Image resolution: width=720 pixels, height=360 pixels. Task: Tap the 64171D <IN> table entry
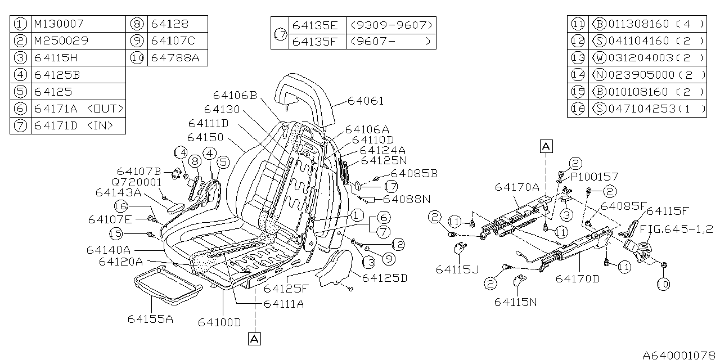(x=73, y=125)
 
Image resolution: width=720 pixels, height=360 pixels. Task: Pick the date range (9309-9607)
(x=391, y=25)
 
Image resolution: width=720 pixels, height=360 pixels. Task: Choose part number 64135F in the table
(x=316, y=41)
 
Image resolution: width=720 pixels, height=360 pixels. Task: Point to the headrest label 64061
(x=365, y=101)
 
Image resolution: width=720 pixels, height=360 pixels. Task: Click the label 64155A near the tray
(x=150, y=319)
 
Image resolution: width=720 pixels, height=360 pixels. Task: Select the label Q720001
(x=137, y=182)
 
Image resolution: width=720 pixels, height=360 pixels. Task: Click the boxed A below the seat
(x=254, y=339)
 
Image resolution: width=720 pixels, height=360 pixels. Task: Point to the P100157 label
(x=594, y=176)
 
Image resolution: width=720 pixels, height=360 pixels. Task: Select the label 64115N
(x=516, y=302)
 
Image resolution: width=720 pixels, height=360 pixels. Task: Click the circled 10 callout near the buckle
(x=664, y=285)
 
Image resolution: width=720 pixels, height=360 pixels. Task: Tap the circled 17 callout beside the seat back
(x=390, y=186)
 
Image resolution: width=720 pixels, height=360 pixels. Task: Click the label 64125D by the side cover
(x=385, y=278)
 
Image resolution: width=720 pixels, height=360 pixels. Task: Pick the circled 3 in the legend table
(x=20, y=57)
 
